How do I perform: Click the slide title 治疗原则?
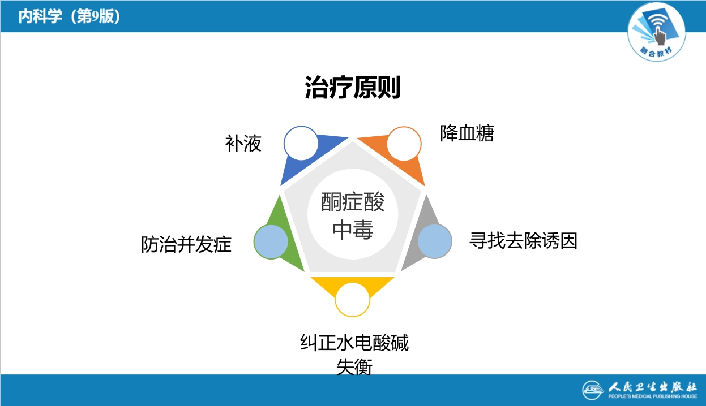point(353,88)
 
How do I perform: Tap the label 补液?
point(243,144)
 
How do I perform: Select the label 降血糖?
point(467,133)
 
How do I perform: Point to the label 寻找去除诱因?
point(523,241)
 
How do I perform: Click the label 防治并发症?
point(186,245)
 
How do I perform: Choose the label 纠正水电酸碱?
point(354,343)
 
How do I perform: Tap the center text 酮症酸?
point(353,202)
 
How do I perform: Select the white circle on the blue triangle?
point(301,143)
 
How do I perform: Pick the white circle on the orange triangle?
point(404,143)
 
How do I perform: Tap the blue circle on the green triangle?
point(271,241)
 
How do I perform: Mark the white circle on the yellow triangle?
point(353,299)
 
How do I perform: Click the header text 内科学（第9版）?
point(69,16)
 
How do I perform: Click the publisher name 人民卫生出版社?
point(652,386)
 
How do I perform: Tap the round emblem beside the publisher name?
point(593,390)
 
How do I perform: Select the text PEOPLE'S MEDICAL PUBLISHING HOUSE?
point(652,397)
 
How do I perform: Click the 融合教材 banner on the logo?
point(657,51)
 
